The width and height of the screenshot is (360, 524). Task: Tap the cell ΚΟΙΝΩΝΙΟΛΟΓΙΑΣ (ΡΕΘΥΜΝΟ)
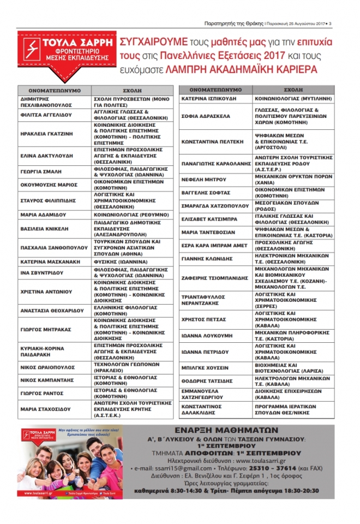pos(129,215)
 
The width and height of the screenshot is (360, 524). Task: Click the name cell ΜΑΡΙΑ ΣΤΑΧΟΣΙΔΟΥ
pos(50,409)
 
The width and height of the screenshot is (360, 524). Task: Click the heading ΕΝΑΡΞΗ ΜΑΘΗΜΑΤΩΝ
pos(229,430)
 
